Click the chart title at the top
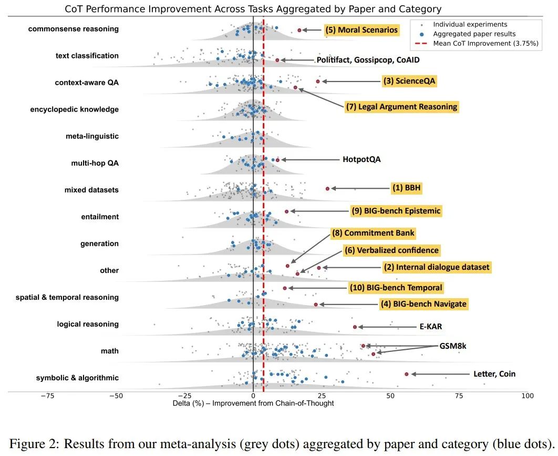click(x=253, y=9)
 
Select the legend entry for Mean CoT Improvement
click(x=486, y=44)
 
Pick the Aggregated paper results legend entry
click(x=474, y=34)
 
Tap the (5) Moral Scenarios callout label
click(x=361, y=30)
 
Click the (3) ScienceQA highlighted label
click(x=410, y=81)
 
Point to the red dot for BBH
click(x=327, y=188)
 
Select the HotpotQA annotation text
click(x=361, y=159)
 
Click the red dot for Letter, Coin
click(x=406, y=374)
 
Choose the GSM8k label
click(x=453, y=346)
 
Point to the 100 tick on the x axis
click(x=527, y=396)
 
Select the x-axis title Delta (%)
click(x=253, y=403)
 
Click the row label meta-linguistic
click(x=92, y=136)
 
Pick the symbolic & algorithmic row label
click(x=77, y=378)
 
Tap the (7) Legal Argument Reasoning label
click(x=401, y=107)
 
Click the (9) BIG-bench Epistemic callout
click(x=396, y=211)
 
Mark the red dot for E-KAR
click(x=355, y=327)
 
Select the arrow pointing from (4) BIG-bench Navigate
click(x=347, y=305)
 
